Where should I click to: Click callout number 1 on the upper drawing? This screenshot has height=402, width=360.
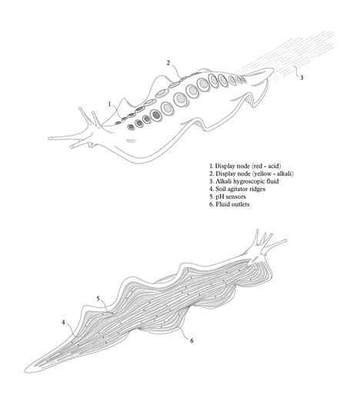click(x=109, y=104)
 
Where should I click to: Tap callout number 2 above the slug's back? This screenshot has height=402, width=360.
click(x=168, y=62)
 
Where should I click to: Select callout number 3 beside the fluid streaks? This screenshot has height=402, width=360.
click(x=302, y=78)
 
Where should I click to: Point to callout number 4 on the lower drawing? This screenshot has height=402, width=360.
click(x=63, y=322)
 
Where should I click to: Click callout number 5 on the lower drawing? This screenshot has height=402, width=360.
click(x=98, y=299)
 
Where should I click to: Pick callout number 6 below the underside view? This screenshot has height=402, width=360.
click(x=192, y=340)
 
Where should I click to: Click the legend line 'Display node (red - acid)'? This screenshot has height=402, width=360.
click(x=245, y=166)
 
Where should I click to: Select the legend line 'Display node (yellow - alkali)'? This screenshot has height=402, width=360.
click(x=252, y=173)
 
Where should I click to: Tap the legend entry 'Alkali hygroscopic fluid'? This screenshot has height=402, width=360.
click(x=244, y=181)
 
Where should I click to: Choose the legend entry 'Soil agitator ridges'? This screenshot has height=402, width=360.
click(x=237, y=189)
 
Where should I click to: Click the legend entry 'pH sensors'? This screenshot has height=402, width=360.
click(x=228, y=196)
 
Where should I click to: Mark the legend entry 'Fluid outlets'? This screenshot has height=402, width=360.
click(x=229, y=204)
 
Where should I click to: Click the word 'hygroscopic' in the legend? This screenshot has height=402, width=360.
click(x=249, y=182)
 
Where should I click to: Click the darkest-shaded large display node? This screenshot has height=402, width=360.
click(x=155, y=115)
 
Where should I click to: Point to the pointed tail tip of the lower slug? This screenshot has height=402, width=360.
click(x=25, y=371)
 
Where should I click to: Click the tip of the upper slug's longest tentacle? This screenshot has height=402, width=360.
click(x=49, y=139)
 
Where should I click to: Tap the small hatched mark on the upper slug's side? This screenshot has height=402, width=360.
click(x=130, y=140)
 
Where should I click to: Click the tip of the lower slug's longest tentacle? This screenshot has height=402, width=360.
click(x=285, y=240)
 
